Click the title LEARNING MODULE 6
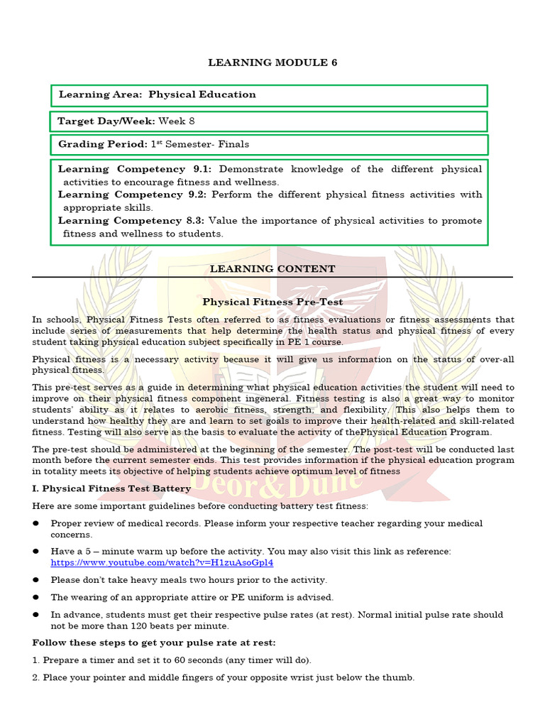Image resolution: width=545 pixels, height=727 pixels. point(272,62)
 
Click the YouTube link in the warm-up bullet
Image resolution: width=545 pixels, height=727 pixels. point(162,562)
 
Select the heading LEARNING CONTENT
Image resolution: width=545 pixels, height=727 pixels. point(272,268)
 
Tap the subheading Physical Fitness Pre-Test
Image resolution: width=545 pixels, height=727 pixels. point(272,302)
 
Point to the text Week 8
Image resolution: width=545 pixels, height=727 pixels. point(177,121)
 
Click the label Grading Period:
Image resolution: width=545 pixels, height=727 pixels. point(102,144)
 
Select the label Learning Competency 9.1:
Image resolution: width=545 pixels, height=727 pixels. point(135,169)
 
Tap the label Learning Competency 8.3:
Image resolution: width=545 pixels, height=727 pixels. point(132,220)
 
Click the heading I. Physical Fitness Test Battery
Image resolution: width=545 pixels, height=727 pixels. point(111,488)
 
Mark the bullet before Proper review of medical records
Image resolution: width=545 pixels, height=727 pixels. point(35,524)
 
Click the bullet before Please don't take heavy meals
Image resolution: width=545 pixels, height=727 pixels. point(35,580)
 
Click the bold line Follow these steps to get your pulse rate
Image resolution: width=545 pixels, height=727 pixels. point(154,643)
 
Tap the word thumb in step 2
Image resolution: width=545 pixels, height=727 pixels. point(400,677)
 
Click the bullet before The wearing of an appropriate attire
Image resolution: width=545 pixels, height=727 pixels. point(35,598)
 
